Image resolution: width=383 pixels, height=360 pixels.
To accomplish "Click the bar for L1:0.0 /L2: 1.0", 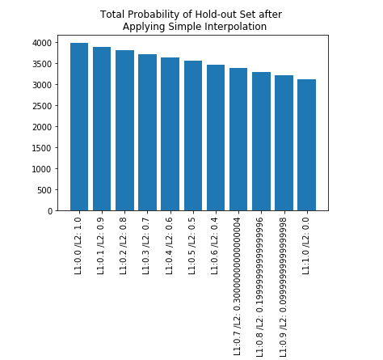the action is (79, 127).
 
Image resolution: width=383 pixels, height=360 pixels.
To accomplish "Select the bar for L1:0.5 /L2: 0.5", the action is (193, 136).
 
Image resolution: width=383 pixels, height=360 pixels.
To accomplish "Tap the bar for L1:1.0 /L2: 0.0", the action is (306, 145).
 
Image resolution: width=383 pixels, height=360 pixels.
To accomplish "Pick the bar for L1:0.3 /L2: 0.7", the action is (147, 133).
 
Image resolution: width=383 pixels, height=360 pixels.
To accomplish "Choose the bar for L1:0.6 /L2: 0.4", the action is (216, 138).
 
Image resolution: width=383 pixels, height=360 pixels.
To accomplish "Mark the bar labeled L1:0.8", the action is (261, 142).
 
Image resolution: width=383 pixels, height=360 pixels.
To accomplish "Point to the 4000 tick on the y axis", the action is (42, 43).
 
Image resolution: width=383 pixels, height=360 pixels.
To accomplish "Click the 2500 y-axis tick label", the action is (42, 106).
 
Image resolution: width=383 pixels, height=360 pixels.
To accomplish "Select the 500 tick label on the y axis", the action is (44, 190).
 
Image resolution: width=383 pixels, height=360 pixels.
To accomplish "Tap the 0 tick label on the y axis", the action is (50, 211).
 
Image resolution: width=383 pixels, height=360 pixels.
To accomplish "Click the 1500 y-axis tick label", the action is (42, 148).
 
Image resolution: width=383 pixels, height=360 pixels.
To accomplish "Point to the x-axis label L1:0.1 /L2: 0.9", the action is (100, 246).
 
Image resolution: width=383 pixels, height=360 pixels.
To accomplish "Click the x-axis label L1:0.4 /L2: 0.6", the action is (169, 246).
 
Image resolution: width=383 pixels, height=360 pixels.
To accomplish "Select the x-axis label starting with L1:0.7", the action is (237, 286).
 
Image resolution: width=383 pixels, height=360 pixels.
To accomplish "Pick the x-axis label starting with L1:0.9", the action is (283, 287).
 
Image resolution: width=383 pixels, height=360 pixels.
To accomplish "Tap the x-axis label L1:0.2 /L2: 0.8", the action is (123, 246).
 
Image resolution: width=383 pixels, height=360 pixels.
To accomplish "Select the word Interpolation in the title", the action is (236, 27).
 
